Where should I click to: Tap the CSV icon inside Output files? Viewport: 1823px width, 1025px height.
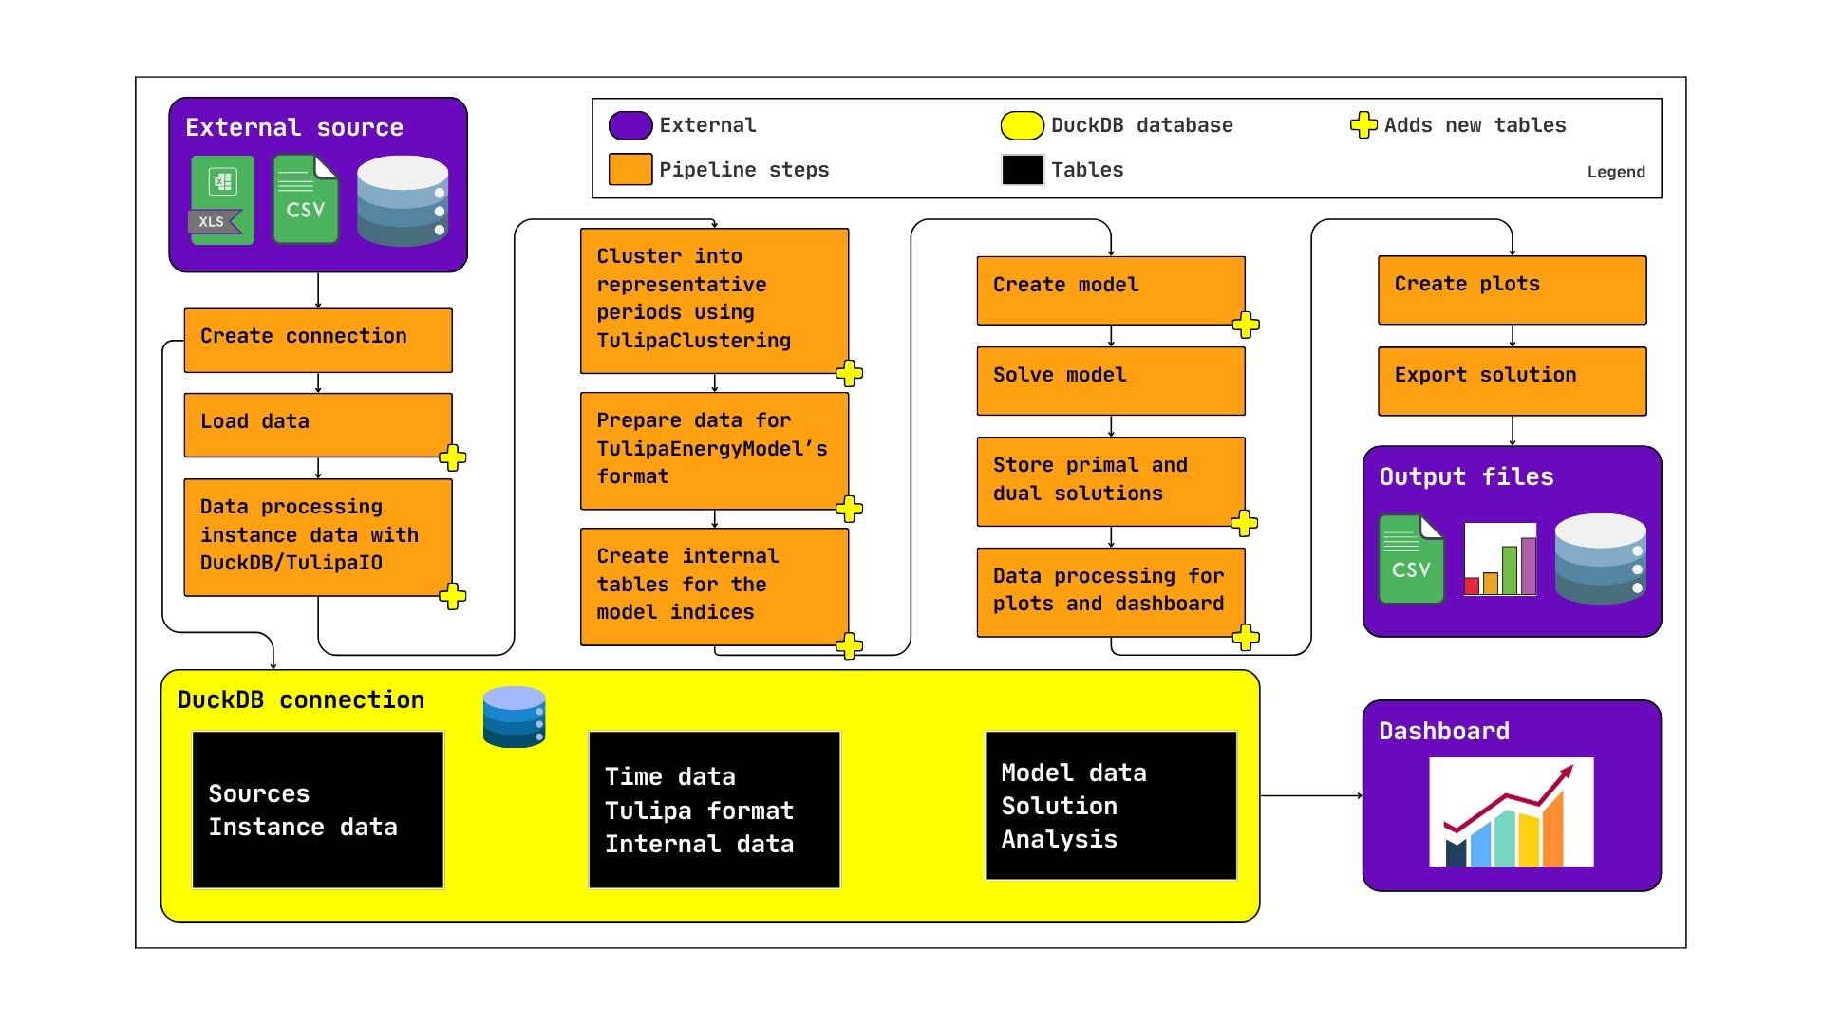(x=1411, y=559)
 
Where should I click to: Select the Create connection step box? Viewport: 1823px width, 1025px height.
(x=318, y=340)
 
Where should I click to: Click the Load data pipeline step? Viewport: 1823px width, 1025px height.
(x=318, y=424)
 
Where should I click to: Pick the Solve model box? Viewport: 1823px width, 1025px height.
(x=1110, y=380)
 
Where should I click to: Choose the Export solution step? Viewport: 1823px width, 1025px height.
(x=1512, y=380)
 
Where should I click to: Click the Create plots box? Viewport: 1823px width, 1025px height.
(x=1512, y=289)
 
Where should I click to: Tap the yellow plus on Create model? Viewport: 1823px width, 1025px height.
(x=1246, y=325)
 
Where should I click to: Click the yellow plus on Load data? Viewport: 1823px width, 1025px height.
(x=453, y=457)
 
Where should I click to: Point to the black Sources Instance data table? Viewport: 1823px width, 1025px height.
(x=318, y=810)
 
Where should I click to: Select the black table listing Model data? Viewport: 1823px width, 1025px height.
(x=1110, y=805)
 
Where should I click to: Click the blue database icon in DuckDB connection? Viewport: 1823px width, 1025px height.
(x=514, y=717)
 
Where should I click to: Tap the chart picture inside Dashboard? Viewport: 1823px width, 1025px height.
(x=1511, y=812)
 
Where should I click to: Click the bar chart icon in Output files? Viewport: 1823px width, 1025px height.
(x=1500, y=559)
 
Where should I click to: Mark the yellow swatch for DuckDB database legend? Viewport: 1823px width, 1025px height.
(x=1022, y=125)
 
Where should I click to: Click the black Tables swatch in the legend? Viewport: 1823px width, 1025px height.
(x=1022, y=170)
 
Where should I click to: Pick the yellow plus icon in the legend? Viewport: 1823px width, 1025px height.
(x=1363, y=124)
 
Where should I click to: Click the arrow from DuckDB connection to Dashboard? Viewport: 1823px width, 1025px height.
(x=1310, y=795)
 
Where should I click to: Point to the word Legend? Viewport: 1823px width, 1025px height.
(x=1615, y=172)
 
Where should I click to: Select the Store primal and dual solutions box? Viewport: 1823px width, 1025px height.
(x=1110, y=480)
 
